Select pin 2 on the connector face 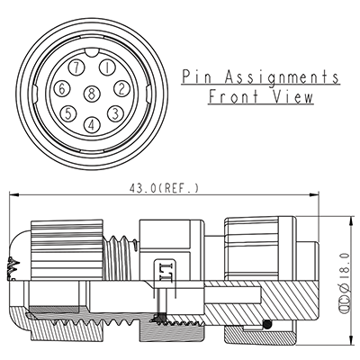click(x=120, y=87)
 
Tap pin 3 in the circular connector click(x=115, y=112)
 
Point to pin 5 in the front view click(x=68, y=112)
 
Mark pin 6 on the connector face click(x=62, y=88)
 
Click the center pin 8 click(x=92, y=94)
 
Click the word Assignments click(x=281, y=76)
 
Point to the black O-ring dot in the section click(x=267, y=324)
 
